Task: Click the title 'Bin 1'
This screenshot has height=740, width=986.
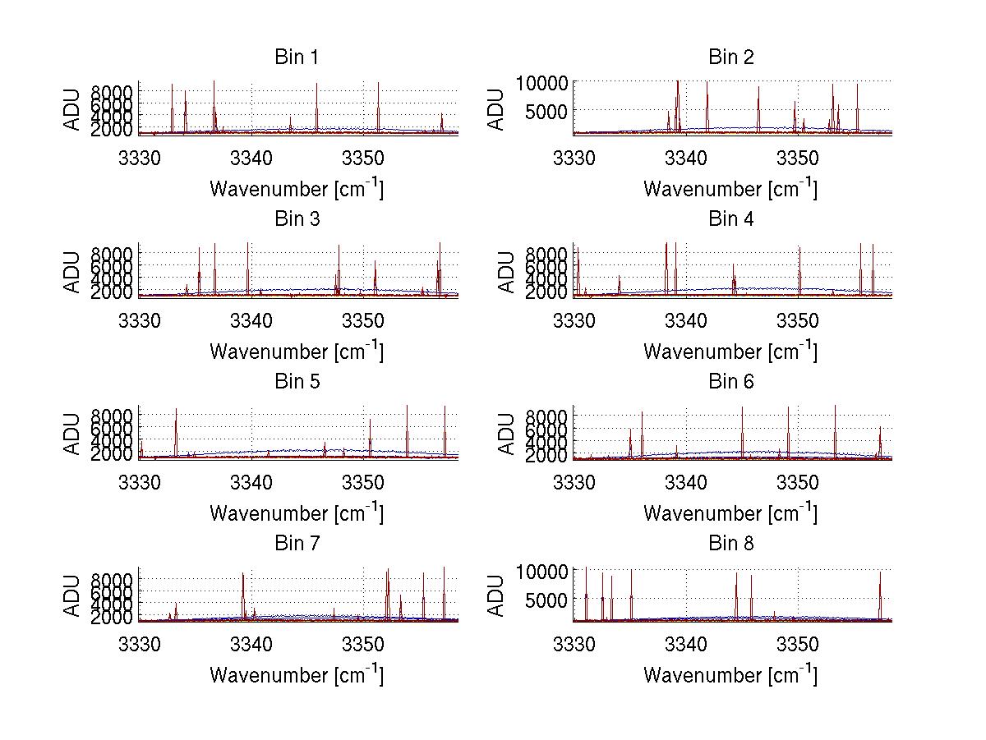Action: pyautogui.click(x=296, y=57)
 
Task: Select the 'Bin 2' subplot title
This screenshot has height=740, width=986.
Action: pyautogui.click(x=730, y=57)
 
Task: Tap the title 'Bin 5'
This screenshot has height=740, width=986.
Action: pyautogui.click(x=296, y=382)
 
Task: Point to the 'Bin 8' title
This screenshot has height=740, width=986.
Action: pyautogui.click(x=730, y=544)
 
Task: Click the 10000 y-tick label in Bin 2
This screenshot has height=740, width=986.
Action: pyautogui.click(x=543, y=83)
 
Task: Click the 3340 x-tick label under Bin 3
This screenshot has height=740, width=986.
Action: pyautogui.click(x=251, y=319)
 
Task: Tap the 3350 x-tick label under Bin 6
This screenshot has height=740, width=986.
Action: pyautogui.click(x=797, y=481)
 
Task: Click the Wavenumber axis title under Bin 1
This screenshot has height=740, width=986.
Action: pyautogui.click(x=296, y=188)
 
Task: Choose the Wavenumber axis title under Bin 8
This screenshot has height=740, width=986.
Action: pyautogui.click(x=730, y=674)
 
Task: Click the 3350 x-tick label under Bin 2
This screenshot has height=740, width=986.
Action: pyautogui.click(x=797, y=157)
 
